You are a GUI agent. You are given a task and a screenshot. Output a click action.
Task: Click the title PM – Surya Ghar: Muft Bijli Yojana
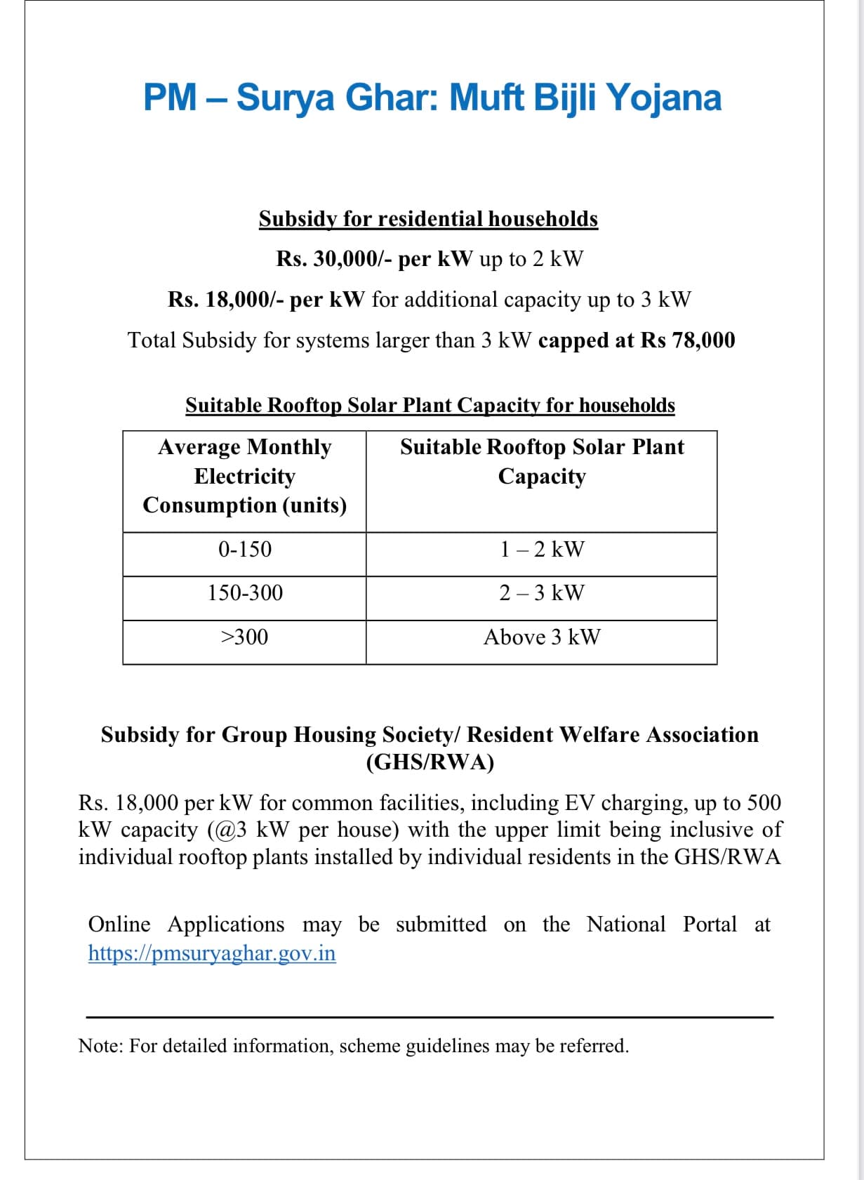(432, 97)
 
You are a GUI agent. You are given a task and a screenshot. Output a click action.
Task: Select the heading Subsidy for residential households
(428, 219)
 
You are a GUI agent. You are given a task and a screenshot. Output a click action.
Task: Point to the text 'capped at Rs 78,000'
(637, 340)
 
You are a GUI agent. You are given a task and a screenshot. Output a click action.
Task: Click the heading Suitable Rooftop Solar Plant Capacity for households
(430, 406)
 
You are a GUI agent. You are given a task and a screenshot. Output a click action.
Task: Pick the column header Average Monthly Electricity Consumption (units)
(244, 476)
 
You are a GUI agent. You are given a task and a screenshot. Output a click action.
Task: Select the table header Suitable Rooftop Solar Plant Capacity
(541, 461)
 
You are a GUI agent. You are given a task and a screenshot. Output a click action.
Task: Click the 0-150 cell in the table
(244, 549)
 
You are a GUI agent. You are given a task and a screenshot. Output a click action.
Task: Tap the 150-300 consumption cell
(244, 593)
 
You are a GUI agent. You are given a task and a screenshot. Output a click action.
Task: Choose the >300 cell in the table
(244, 637)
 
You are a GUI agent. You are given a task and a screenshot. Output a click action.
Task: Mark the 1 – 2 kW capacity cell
(541, 549)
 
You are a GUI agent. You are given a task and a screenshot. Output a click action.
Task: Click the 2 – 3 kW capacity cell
(541, 593)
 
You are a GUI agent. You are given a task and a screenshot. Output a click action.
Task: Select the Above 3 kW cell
(541, 637)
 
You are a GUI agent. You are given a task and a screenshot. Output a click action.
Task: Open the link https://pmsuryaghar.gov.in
(212, 953)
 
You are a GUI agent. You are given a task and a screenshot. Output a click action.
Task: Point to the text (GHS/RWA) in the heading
(430, 762)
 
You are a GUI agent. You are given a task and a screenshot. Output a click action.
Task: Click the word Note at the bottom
(100, 1046)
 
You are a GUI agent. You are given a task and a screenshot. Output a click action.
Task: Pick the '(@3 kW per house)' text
(303, 830)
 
